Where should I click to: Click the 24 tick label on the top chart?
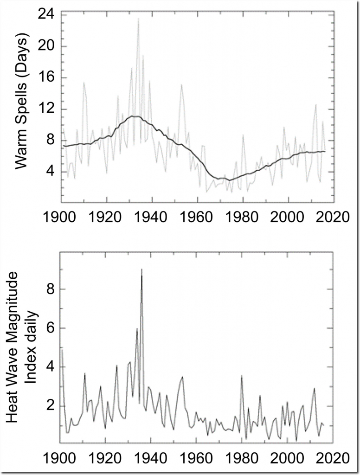(45, 15)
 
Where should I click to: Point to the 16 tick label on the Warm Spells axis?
(45, 78)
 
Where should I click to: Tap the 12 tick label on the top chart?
(45, 109)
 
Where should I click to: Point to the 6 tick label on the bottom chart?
(49, 328)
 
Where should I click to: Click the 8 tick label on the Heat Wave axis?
(49, 289)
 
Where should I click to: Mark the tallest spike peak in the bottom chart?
(141, 270)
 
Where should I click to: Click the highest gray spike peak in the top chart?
(138, 19)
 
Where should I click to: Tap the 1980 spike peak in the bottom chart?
(241, 376)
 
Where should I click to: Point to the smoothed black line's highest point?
(135, 116)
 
